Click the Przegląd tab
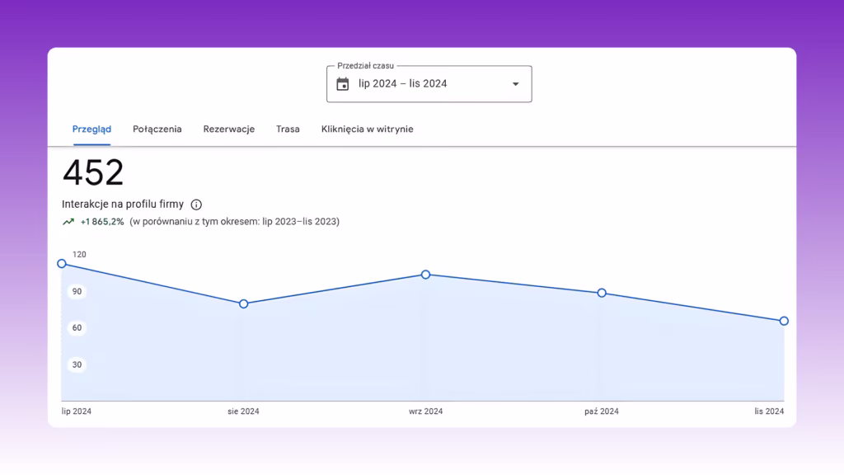91,129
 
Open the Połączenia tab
157,129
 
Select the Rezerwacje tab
229,129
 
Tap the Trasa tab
288,129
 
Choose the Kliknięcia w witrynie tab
367,129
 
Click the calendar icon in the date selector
343,84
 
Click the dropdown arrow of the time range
516,84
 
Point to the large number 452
93,172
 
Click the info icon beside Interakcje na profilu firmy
196,205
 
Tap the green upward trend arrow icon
68,222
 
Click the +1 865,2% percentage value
102,222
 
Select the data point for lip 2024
62,264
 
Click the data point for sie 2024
244,304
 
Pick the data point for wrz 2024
426,275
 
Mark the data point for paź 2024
602,293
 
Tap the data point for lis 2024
785,321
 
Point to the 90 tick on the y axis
77,292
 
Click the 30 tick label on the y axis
77,365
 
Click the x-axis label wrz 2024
426,412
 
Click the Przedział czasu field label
365,66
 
